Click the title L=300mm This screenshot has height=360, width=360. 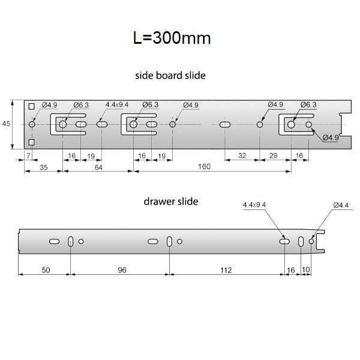(x=172, y=38)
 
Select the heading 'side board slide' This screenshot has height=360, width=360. (x=172, y=76)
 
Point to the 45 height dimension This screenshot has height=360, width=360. (x=7, y=124)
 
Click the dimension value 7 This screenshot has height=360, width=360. (x=28, y=156)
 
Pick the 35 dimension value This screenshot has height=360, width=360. (x=43, y=167)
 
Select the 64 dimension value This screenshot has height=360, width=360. (x=98, y=167)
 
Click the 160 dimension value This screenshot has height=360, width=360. (x=204, y=167)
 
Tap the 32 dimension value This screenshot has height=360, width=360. (x=242, y=156)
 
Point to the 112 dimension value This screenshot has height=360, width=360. (x=226, y=271)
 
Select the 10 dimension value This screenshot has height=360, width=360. (x=306, y=271)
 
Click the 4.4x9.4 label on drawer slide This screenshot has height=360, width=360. (x=254, y=205)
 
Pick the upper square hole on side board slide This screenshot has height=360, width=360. (x=31, y=106)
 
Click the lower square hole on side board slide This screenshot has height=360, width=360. (x=31, y=142)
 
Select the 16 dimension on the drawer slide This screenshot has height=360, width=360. (x=292, y=271)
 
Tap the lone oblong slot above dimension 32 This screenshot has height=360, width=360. (x=226, y=124)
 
